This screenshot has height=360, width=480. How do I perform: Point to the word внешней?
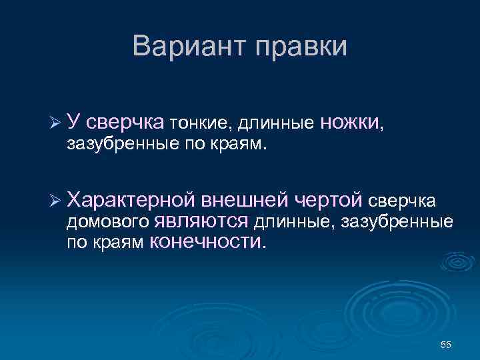[x=245, y=199]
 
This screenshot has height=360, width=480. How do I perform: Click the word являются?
[x=201, y=221]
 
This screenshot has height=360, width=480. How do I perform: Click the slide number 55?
[x=446, y=344]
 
